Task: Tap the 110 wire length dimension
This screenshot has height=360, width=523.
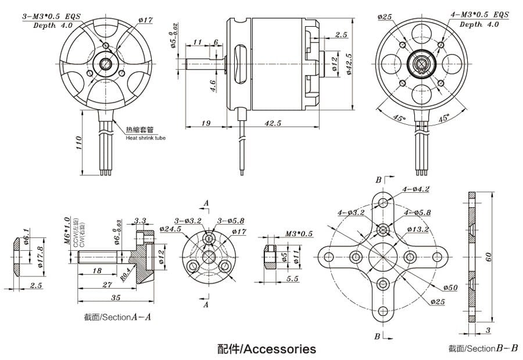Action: pyautogui.click(x=78, y=142)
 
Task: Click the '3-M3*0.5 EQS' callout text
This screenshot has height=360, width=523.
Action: pyautogui.click(x=51, y=18)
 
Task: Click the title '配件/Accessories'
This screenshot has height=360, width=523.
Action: pyautogui.click(x=267, y=348)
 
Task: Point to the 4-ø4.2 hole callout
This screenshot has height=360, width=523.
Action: pyautogui.click(x=416, y=189)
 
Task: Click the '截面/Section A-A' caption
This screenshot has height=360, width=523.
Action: pyautogui.click(x=117, y=317)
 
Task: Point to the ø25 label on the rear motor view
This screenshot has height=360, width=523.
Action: pyautogui.click(x=385, y=17)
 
